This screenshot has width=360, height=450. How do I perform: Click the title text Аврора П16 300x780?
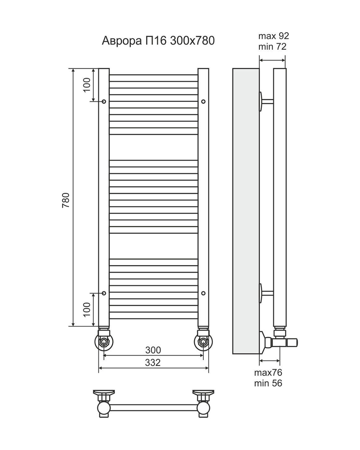[x=158, y=41]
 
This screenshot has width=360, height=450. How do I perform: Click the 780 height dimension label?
[x=66, y=200]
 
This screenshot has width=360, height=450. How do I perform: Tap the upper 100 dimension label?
[x=87, y=85]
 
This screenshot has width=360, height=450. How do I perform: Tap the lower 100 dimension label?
[x=87, y=310]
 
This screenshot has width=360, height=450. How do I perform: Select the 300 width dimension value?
[x=153, y=350]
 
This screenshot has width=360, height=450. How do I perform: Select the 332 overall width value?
[x=153, y=363]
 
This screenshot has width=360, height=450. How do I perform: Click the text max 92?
[x=274, y=36]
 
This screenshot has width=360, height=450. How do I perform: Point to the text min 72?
[x=272, y=47]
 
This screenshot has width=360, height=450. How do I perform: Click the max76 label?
[x=268, y=373]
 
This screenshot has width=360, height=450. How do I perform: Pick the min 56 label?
[x=268, y=383]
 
